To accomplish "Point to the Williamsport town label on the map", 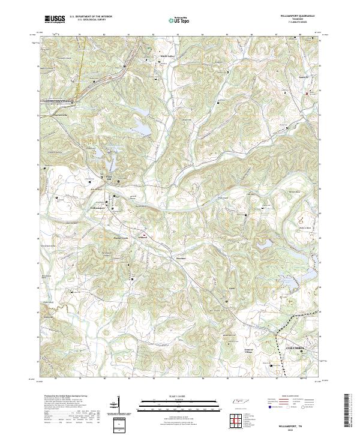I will coord(97,208).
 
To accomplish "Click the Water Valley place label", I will coord(166,57).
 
